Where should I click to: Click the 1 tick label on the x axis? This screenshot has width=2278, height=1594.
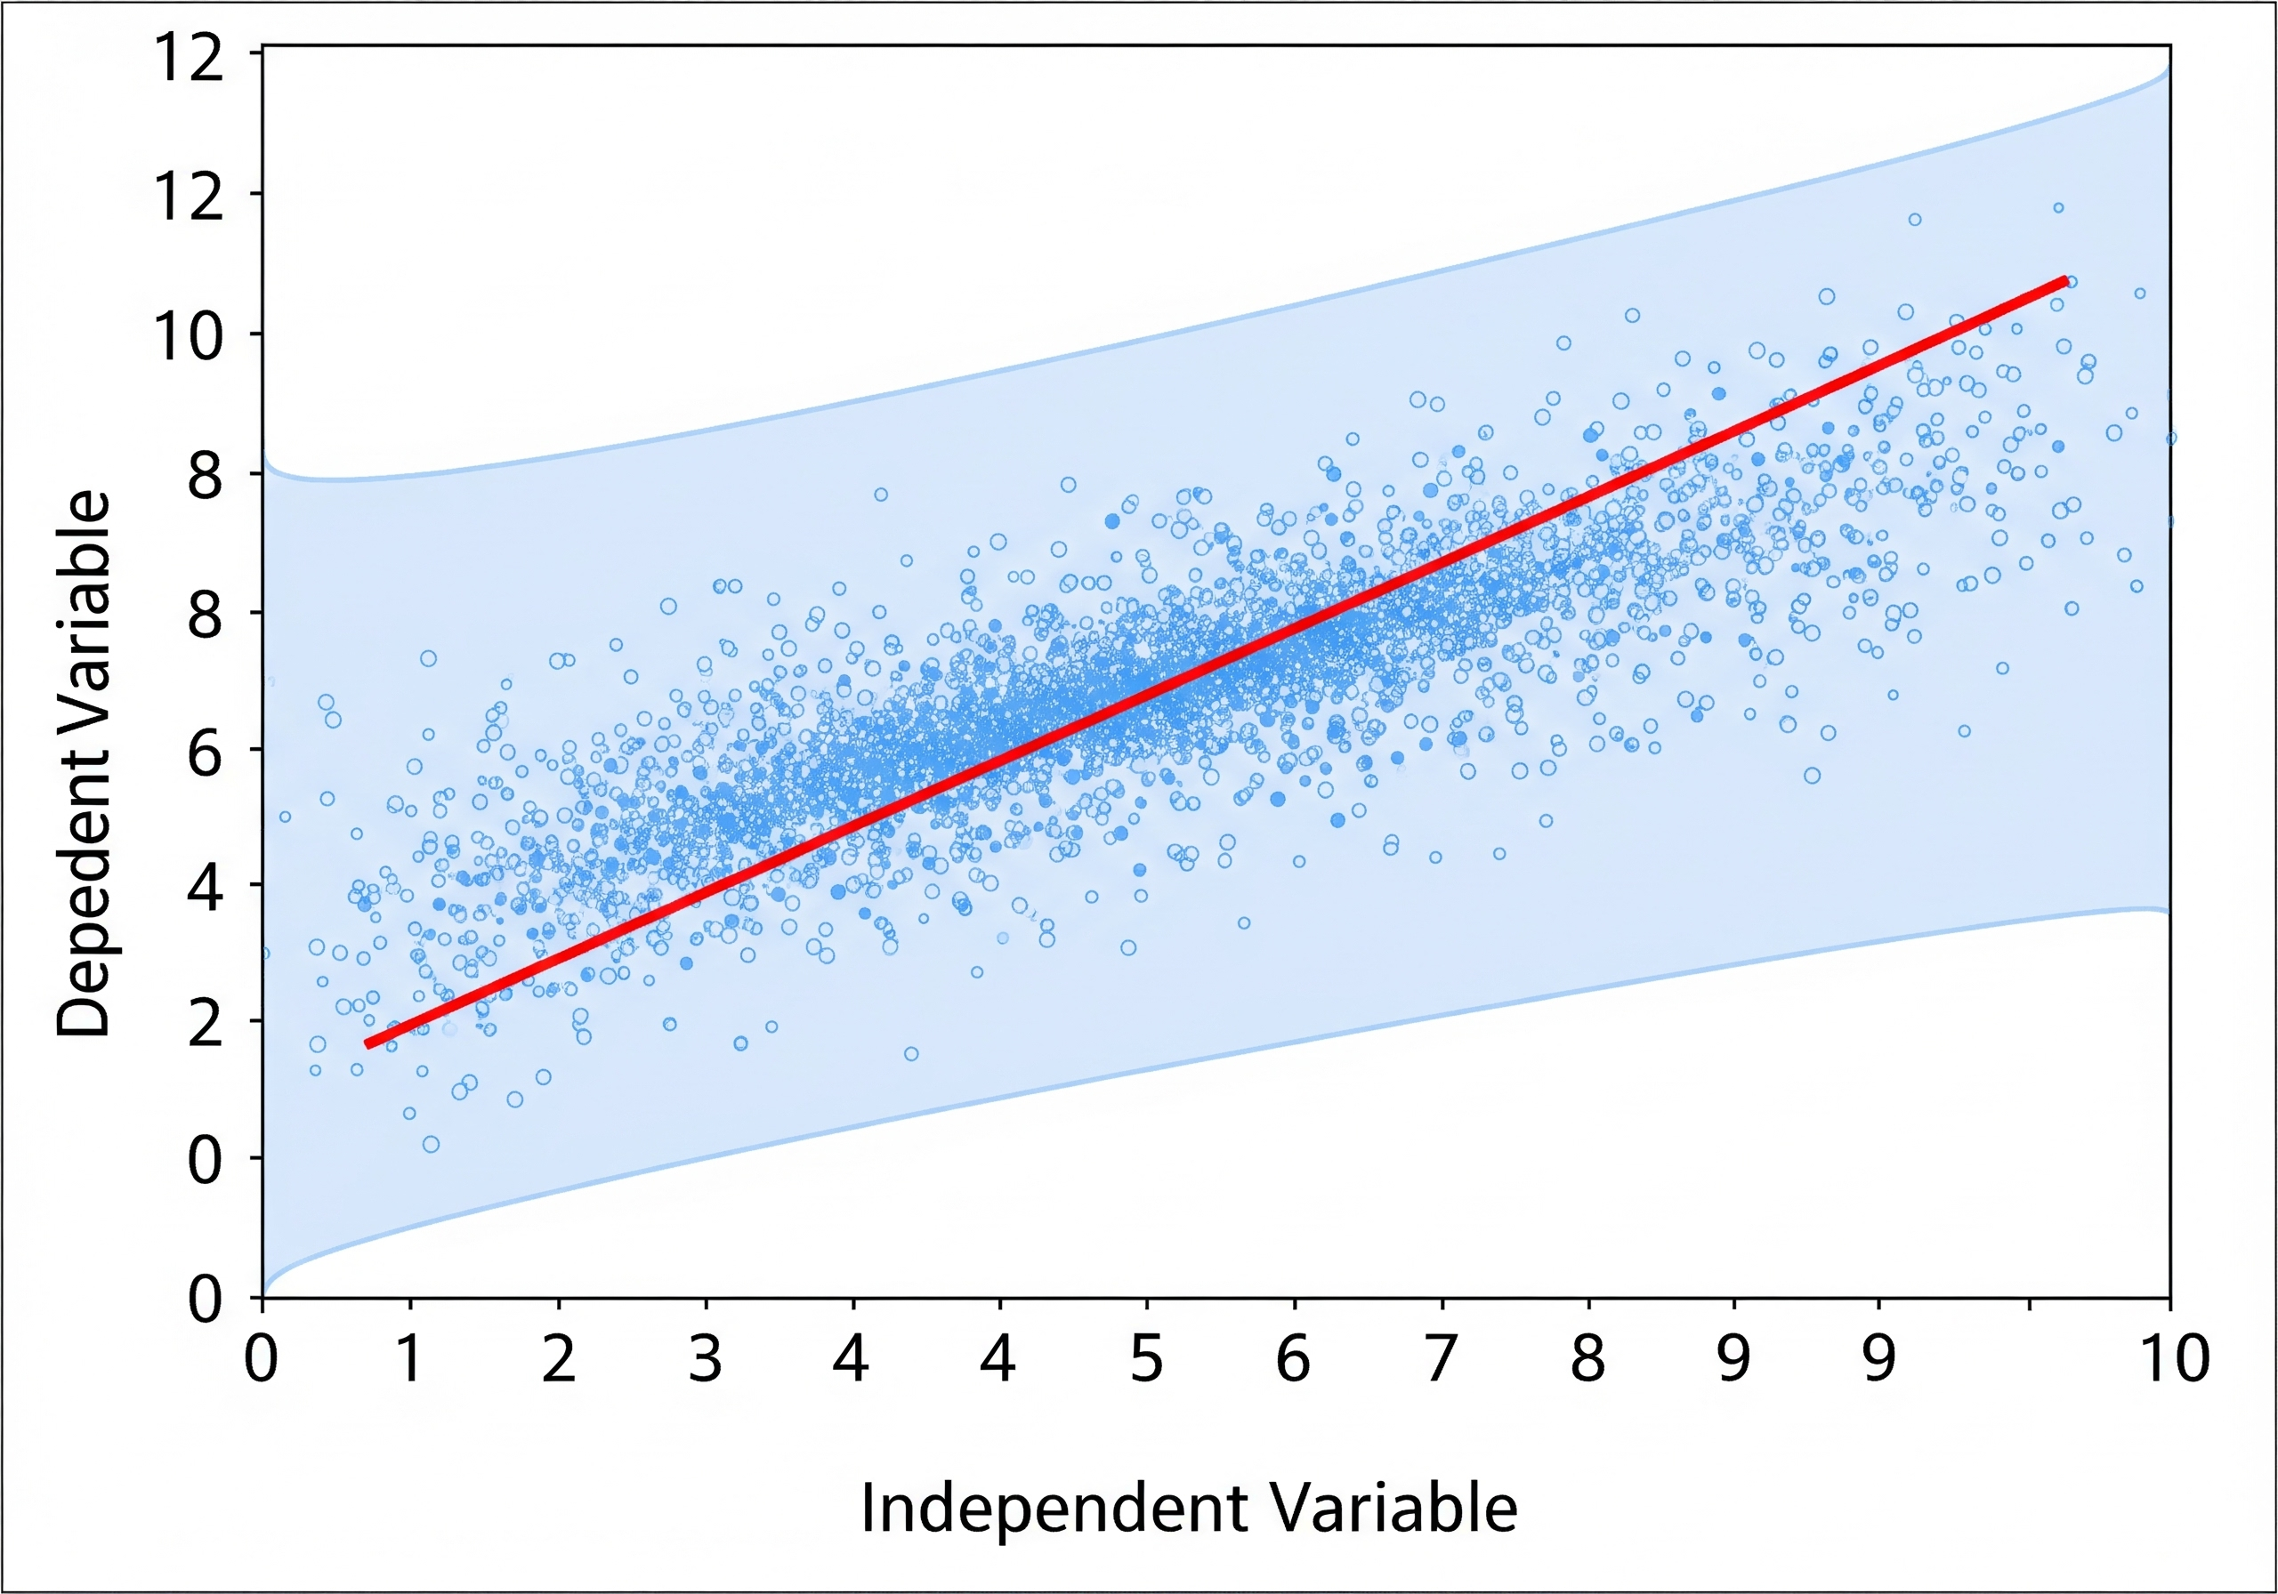coord(408,1360)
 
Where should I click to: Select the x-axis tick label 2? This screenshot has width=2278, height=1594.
coord(559,1360)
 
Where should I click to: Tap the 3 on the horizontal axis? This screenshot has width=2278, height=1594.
coord(706,1360)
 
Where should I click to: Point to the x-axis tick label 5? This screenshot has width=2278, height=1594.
coord(1146,1360)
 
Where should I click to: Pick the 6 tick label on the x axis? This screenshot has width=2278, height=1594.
coord(1293,1360)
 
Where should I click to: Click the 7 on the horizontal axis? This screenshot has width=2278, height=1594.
coord(1441,1360)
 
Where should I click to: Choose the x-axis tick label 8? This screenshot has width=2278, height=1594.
coord(1587,1360)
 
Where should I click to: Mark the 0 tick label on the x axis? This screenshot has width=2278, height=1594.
coord(261,1360)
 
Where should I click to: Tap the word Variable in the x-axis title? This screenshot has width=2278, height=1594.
coord(1394,1509)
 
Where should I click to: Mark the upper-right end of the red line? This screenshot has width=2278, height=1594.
coord(2064,281)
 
